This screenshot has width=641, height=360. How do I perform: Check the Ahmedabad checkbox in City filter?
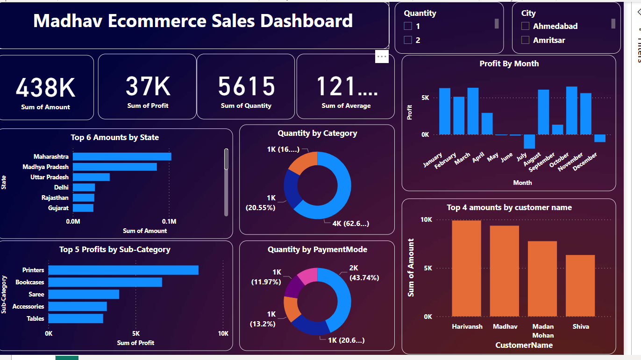click(x=525, y=26)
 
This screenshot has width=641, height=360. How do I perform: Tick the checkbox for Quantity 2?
click(x=408, y=40)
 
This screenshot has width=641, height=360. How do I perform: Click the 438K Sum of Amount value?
click(x=46, y=87)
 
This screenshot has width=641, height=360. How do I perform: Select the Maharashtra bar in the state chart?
click(x=122, y=156)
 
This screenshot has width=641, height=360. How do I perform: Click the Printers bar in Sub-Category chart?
click(x=123, y=270)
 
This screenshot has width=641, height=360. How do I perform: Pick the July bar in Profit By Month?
click(x=529, y=141)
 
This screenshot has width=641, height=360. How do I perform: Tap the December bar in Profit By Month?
click(x=599, y=138)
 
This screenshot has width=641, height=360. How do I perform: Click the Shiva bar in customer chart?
click(x=580, y=286)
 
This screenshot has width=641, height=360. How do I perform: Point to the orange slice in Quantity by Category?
click(x=301, y=162)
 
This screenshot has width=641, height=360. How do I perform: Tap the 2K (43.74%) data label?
click(x=364, y=273)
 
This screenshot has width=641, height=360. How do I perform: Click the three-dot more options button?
click(x=382, y=56)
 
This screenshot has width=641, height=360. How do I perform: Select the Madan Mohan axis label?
click(x=542, y=331)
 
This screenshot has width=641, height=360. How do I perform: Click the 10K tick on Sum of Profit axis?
click(x=223, y=333)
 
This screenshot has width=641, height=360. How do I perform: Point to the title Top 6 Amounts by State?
click(x=114, y=137)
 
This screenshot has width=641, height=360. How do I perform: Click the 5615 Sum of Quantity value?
click(x=246, y=86)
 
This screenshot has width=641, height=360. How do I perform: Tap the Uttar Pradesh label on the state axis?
click(x=50, y=177)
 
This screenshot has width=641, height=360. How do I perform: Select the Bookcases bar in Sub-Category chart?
click(x=105, y=282)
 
